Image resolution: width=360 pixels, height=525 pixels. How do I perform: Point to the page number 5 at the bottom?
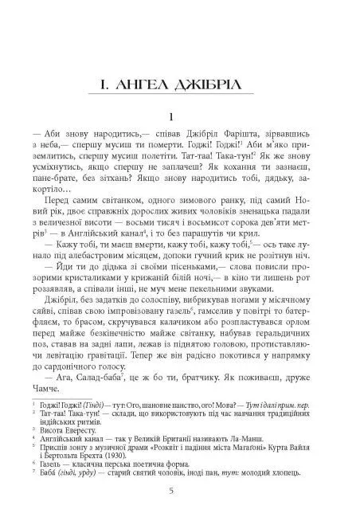[x=181, y=488]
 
